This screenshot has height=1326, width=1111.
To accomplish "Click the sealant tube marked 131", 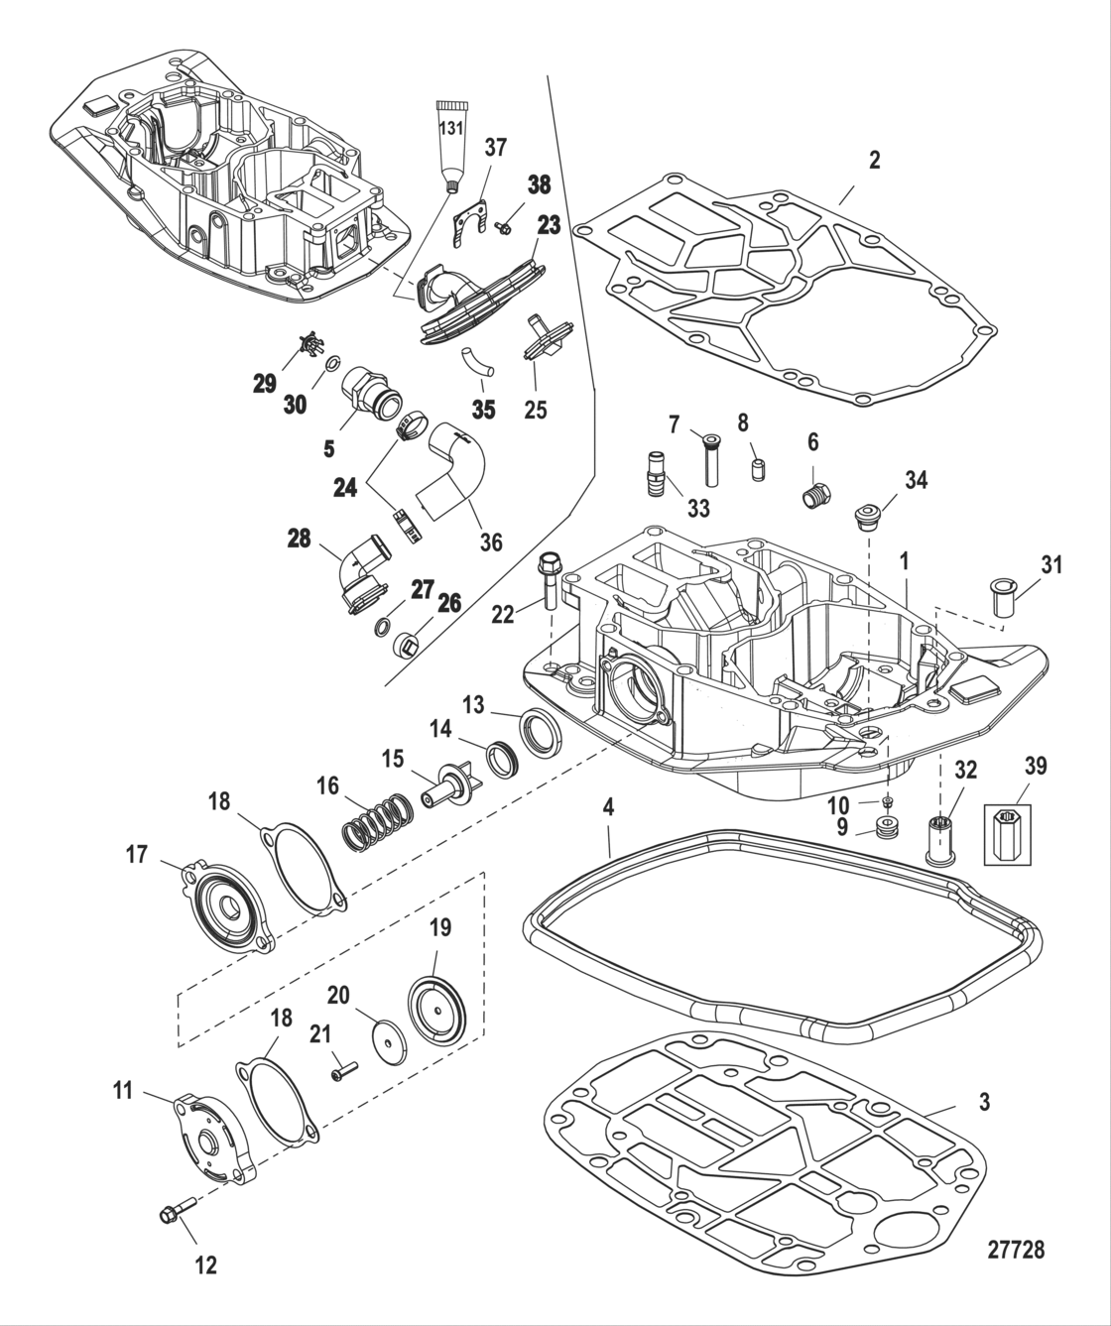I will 451,138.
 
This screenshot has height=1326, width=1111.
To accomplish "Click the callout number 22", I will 503,615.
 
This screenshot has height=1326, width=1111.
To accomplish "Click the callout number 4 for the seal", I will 608,807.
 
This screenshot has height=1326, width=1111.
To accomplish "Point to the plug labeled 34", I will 869,519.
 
